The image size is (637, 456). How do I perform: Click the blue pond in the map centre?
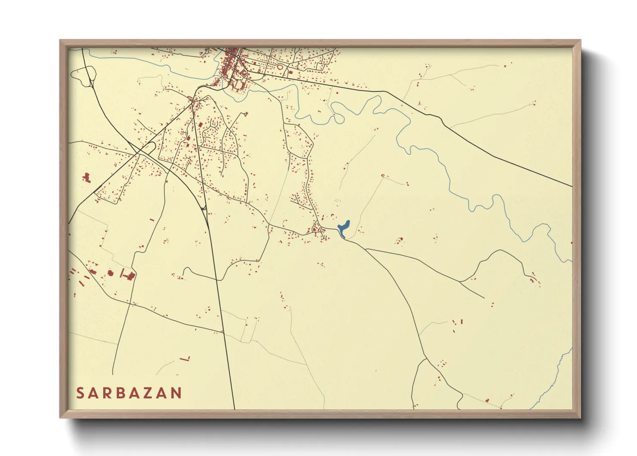tap(343, 229)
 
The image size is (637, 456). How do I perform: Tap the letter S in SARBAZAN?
tap(80, 393)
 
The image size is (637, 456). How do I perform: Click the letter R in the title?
tap(106, 393)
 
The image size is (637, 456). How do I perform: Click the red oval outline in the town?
tap(280, 67)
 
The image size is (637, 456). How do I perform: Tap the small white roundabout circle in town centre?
tap(238, 56)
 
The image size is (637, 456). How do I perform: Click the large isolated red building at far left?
tap(87, 178)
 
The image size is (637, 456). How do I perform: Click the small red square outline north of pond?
tap(383, 176)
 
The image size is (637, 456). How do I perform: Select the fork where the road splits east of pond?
tap(365, 249)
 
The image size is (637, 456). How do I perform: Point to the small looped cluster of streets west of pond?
tap(319, 228)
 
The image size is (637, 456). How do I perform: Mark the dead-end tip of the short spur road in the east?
tap(484, 298)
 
